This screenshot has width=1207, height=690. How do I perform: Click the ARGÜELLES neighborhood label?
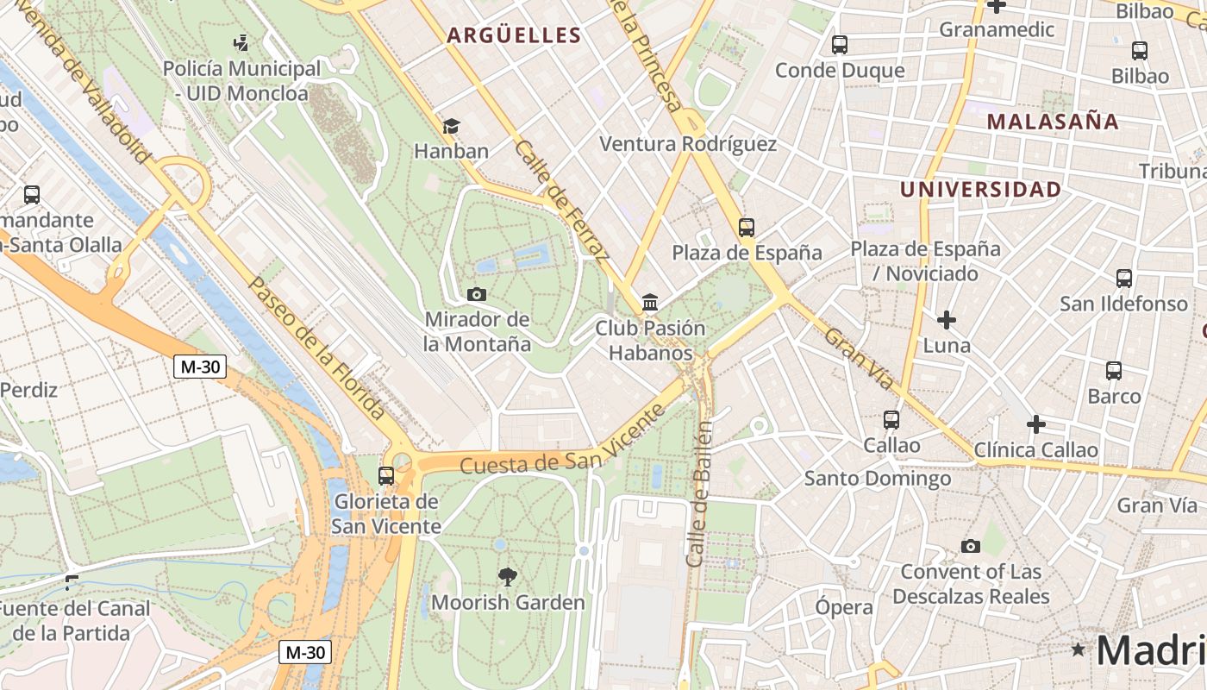tap(514, 35)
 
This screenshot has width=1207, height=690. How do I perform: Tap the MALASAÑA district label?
tap(1053, 122)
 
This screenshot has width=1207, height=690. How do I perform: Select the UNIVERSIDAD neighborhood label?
tap(980, 190)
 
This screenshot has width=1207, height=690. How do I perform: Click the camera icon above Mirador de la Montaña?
tap(476, 295)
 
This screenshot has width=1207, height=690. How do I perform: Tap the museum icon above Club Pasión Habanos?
tap(650, 303)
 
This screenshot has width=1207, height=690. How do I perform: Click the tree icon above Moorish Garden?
tap(508, 577)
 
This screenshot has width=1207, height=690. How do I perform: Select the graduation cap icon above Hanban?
tap(451, 127)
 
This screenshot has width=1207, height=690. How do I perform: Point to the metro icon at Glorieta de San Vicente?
tap(386, 475)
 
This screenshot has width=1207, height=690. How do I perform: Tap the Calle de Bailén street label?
tap(699, 494)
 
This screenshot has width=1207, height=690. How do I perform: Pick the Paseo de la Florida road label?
tap(316, 348)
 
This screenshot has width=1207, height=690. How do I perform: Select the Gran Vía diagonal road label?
tap(860, 358)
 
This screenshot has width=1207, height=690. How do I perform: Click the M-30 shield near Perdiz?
tap(200, 367)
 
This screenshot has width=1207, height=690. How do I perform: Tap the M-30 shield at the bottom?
tap(304, 652)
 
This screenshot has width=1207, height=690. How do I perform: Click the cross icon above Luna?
tap(947, 321)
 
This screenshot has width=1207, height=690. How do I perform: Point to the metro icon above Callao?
tap(891, 420)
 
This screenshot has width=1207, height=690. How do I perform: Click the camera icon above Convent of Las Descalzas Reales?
tap(971, 547)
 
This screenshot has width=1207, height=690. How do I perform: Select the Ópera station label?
tap(844, 607)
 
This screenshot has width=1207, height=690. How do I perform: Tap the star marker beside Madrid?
tap(1078, 649)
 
